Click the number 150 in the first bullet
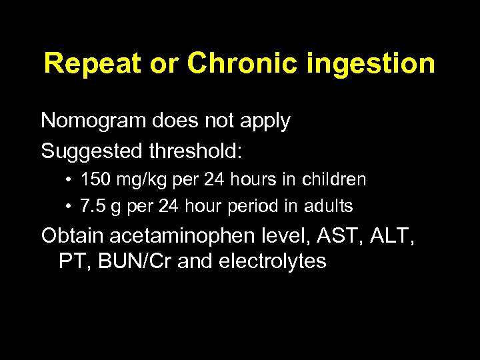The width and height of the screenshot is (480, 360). (x=93, y=180)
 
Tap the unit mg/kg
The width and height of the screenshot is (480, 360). (x=133, y=180)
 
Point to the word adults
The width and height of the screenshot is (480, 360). (x=327, y=207)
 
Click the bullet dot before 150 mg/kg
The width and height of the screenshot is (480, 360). (x=69, y=180)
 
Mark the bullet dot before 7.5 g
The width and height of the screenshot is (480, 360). (x=69, y=207)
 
